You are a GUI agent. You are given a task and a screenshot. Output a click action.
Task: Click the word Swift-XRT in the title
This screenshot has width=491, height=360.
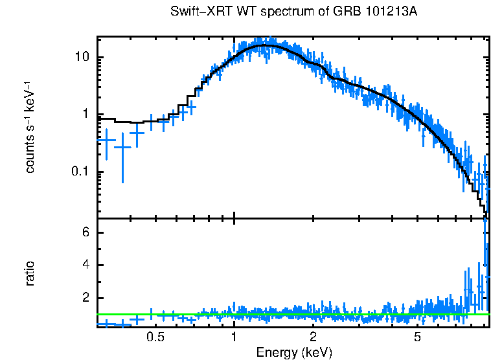[x=194, y=13]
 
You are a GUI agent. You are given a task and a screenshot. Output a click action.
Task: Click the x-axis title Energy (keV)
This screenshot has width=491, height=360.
[x=294, y=352]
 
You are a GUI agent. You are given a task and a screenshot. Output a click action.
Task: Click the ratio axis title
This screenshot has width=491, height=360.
[x=30, y=273]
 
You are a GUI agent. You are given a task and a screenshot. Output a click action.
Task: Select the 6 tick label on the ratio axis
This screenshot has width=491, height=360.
[x=84, y=233]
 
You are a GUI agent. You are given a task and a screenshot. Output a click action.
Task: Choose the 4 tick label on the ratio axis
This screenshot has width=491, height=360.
[x=84, y=265]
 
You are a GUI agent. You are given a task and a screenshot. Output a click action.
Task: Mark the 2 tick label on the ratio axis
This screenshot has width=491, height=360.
[x=84, y=298]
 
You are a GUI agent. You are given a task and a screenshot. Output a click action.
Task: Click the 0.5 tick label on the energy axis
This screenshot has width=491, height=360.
[x=155, y=337]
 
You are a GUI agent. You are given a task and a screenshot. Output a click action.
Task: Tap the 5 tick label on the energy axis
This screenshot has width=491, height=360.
[x=418, y=337]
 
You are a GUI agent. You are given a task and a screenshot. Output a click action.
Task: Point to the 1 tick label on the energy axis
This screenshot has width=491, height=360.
[x=234, y=337]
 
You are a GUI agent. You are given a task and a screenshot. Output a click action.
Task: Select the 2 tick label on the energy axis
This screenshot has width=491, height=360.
[x=313, y=337]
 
